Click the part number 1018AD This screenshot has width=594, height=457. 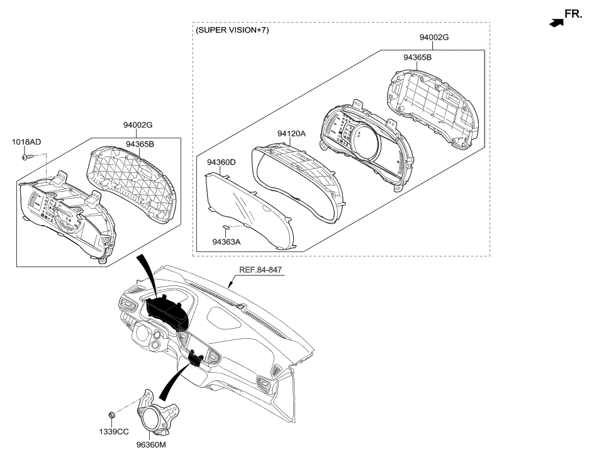[x=26, y=142]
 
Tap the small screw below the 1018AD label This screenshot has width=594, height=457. [x=26, y=157]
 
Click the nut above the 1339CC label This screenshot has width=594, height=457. [x=112, y=414]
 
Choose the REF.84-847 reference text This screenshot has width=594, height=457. [x=261, y=270]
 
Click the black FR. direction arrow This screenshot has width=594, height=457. [x=554, y=23]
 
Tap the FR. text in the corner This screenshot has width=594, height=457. [x=574, y=14]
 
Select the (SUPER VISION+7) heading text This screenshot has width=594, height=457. [x=232, y=30]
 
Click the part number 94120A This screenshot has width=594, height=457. [x=291, y=133]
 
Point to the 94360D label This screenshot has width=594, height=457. [x=222, y=162]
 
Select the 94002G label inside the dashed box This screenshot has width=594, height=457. [x=434, y=37]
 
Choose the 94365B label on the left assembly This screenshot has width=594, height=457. [x=140, y=144]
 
